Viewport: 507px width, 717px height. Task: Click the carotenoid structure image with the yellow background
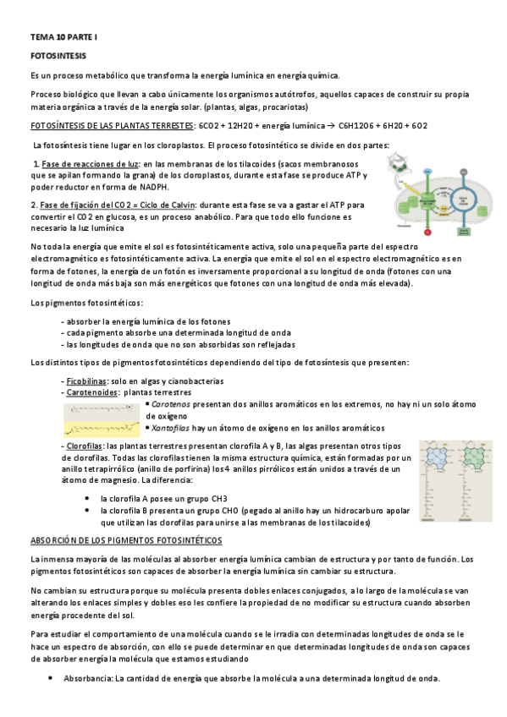(x=102, y=416)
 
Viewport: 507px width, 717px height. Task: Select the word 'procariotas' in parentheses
(x=284, y=107)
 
